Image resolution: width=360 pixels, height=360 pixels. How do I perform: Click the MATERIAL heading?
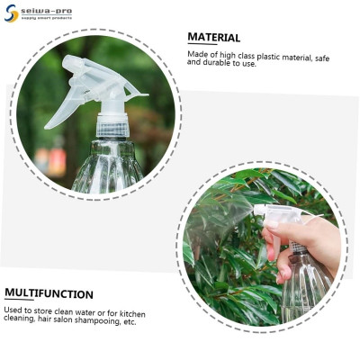[x=213, y=38]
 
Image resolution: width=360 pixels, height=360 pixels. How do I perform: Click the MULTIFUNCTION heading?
[x=49, y=294]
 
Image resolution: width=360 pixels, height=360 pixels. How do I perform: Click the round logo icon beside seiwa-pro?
[x=11, y=13]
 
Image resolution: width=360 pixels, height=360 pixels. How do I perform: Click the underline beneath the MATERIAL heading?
[x=213, y=46]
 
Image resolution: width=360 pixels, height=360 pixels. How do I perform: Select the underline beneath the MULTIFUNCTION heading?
[x=49, y=302]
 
